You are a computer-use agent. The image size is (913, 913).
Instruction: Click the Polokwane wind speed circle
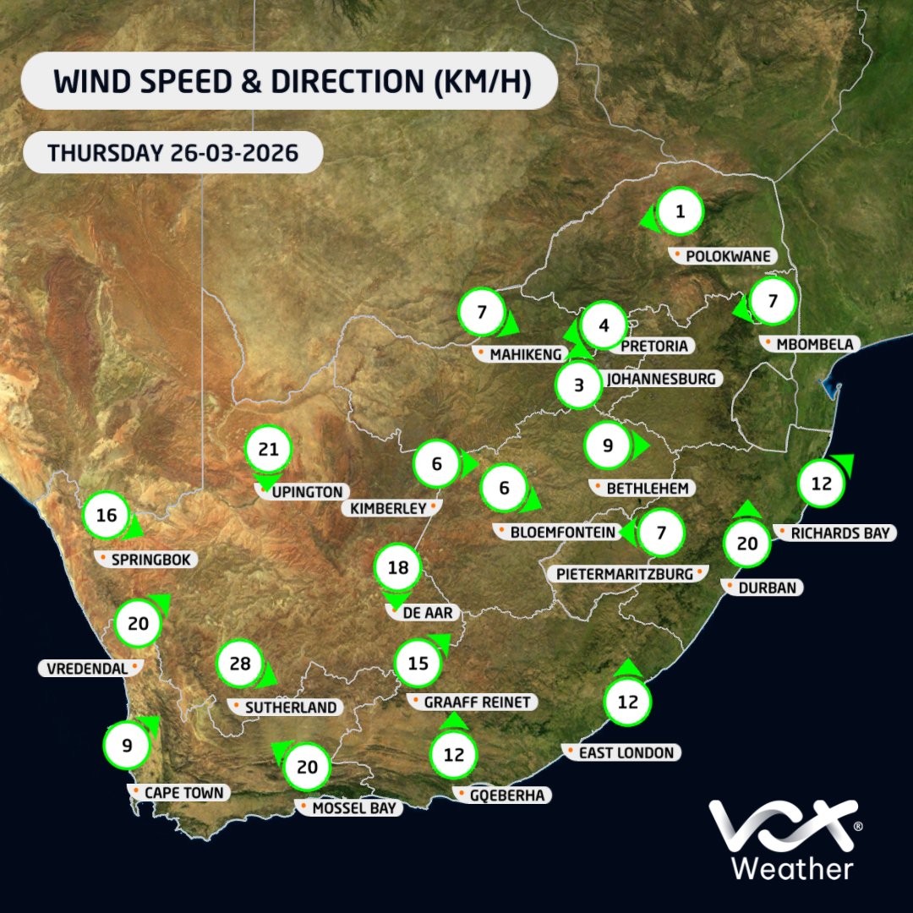click(x=680, y=213)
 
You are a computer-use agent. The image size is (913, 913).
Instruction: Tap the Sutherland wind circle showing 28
click(x=240, y=664)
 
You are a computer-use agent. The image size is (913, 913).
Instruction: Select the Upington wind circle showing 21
click(x=268, y=450)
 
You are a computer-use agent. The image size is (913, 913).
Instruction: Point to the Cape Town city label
click(x=179, y=793)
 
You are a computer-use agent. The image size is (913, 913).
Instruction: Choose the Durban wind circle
click(x=747, y=544)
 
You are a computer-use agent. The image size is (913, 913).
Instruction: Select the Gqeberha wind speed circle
click(x=454, y=755)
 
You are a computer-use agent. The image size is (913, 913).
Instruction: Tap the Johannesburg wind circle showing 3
click(x=579, y=385)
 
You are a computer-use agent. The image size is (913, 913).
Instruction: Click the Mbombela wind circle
click(x=773, y=301)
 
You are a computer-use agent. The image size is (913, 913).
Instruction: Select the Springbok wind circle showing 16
click(x=107, y=513)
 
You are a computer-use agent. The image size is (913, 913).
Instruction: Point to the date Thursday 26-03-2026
click(x=172, y=153)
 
